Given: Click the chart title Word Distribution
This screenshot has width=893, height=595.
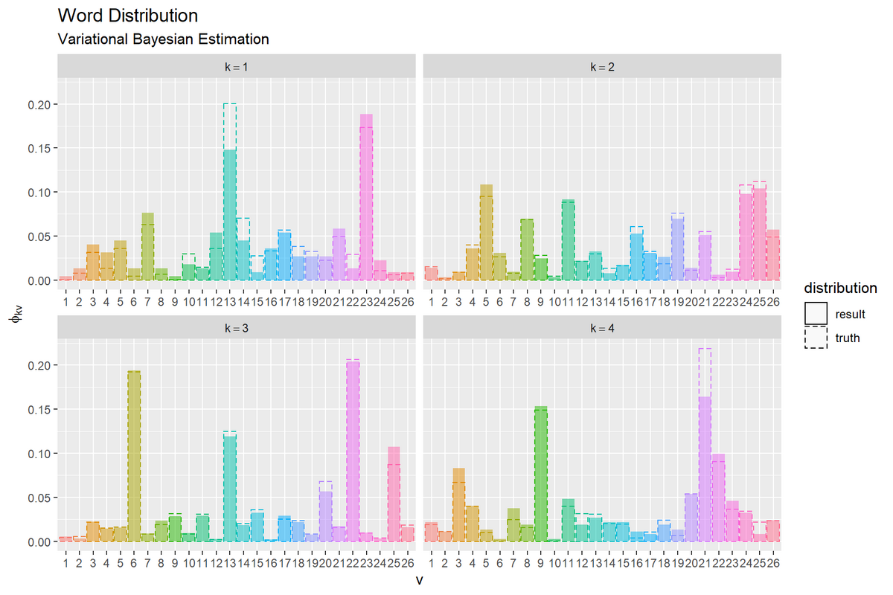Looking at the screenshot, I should click(x=127, y=16).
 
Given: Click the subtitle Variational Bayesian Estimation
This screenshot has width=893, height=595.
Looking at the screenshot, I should click(x=163, y=39).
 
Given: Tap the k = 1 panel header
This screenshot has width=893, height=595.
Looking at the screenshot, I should click(x=237, y=67).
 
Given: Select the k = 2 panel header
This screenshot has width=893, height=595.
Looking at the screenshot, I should click(x=602, y=67).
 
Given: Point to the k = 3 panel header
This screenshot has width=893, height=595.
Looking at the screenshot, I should click(x=237, y=328).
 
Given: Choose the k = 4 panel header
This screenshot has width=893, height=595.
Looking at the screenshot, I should click(x=602, y=328).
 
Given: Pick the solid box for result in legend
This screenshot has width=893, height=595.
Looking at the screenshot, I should click(x=816, y=314).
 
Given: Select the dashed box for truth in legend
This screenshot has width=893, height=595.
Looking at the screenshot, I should click(x=816, y=338).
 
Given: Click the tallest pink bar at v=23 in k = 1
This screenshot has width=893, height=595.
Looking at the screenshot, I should click(x=366, y=201).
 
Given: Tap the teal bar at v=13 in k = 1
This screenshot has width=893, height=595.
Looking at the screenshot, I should click(x=230, y=216).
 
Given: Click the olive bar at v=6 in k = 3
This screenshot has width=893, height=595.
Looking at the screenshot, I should click(x=134, y=457).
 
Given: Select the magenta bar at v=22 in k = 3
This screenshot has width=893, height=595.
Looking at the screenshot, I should click(x=353, y=454).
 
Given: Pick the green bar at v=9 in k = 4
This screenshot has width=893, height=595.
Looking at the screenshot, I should click(x=540, y=476).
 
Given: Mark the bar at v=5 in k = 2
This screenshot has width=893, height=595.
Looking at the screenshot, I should click(x=486, y=234).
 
